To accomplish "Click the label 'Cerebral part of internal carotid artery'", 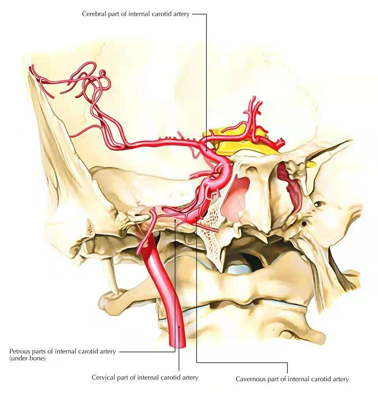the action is click(136, 14).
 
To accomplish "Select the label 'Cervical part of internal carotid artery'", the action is click(145, 377).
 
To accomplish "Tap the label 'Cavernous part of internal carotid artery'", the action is click(292, 379).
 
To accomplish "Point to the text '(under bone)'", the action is click(28, 358).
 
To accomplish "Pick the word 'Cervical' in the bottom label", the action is click(102, 377).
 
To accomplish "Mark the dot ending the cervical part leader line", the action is click(179, 327).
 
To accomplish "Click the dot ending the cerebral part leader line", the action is click(206, 150).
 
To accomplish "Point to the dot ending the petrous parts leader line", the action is click(175, 220).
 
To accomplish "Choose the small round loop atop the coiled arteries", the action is click(103, 73).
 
